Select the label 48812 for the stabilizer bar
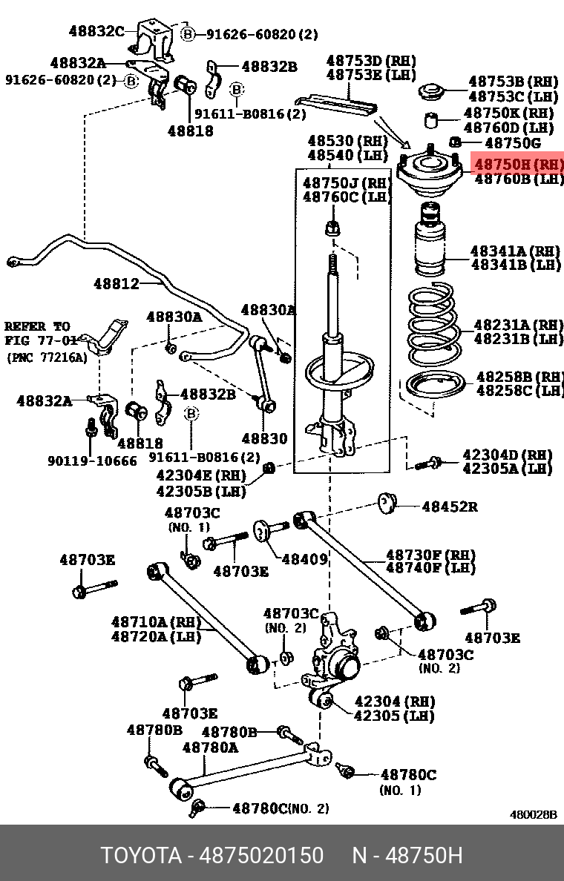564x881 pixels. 116,283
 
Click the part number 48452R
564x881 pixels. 450,507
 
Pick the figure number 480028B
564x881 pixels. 532,814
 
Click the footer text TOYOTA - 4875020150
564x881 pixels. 212,855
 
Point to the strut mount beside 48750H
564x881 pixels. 430,174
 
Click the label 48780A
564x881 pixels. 210,748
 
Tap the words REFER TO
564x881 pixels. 37,326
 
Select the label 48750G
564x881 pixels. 512,142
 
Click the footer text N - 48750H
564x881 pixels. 407,855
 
